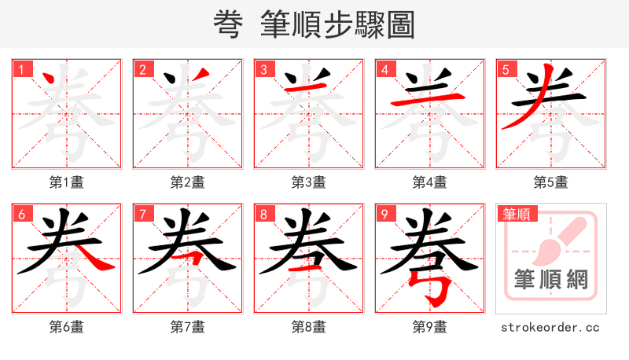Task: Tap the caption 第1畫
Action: pyautogui.click(x=67, y=182)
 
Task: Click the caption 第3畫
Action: pyautogui.click(x=309, y=182)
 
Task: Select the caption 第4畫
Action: pyautogui.click(x=430, y=182)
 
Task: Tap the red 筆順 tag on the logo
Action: pyautogui.click(x=515, y=214)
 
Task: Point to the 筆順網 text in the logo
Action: pyautogui.click(x=550, y=280)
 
